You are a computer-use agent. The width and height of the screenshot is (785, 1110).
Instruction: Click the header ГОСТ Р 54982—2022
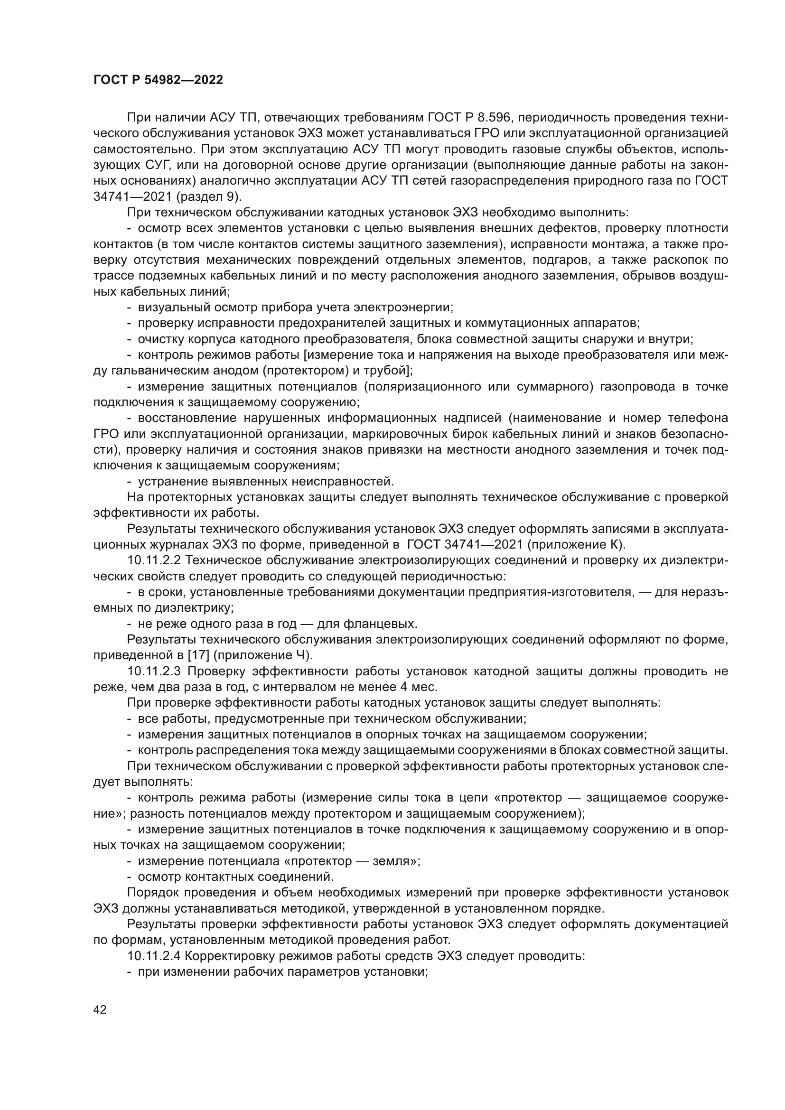tap(158, 80)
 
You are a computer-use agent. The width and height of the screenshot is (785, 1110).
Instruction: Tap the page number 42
tap(100, 1009)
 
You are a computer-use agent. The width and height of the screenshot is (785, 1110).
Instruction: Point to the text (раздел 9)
tap(209, 197)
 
